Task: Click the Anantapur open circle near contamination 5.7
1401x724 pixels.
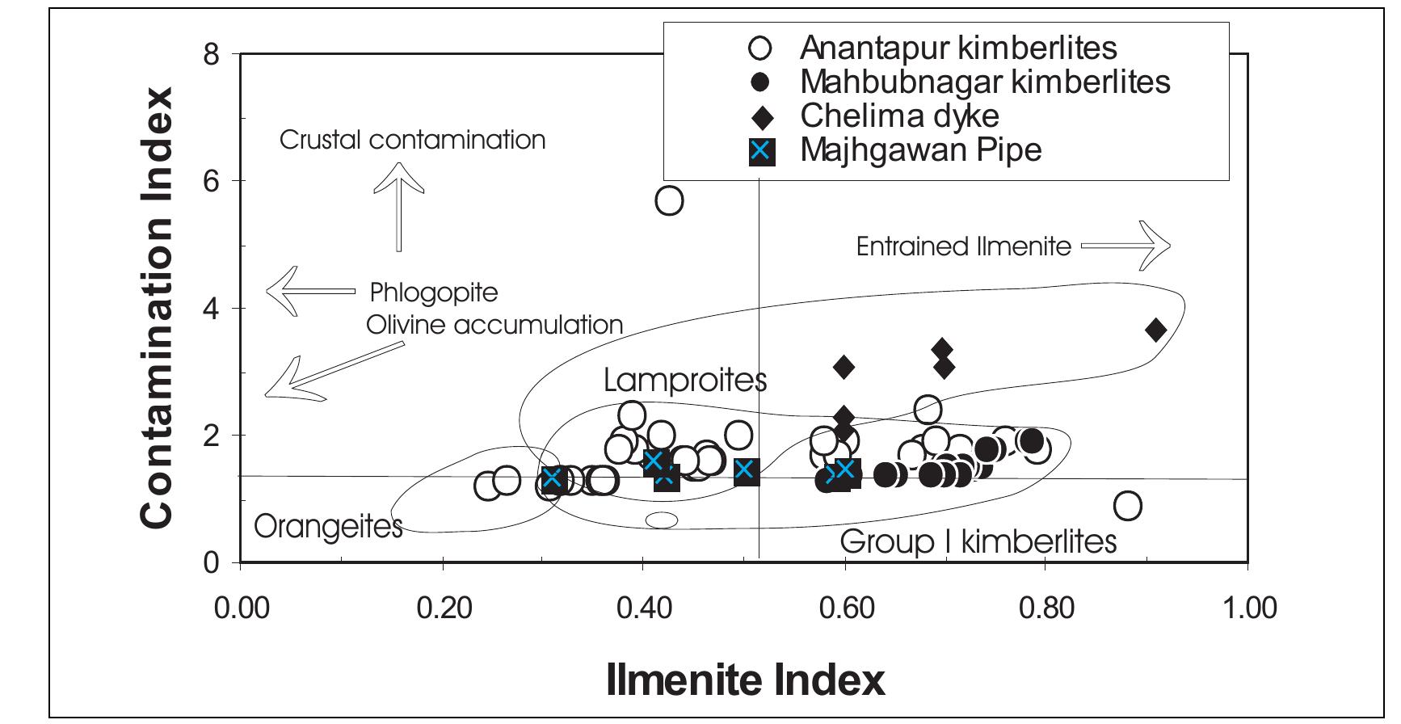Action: coord(669,200)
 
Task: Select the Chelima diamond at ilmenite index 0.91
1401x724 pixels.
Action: coord(1155,330)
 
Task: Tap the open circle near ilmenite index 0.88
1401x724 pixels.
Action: coord(1127,506)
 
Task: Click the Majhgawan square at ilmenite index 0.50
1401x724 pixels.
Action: coord(746,471)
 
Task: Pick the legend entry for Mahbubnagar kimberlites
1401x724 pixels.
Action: coord(985,82)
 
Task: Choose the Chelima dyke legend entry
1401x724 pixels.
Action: coord(899,116)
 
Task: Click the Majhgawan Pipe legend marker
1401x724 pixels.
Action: coord(761,151)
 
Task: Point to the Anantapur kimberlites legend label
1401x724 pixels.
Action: coord(958,48)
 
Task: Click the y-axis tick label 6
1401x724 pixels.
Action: coord(212,181)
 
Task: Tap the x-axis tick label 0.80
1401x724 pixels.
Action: coord(1045,607)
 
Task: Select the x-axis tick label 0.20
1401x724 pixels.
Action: coord(443,607)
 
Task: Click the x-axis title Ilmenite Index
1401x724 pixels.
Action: coord(745,680)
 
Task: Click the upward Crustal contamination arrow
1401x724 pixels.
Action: coord(398,206)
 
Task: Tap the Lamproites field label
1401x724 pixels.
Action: coord(684,380)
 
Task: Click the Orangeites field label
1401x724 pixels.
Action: coord(328,527)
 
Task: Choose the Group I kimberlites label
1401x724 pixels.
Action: coord(978,541)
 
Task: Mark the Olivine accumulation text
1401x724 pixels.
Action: coord(494,325)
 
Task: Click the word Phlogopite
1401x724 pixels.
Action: coord(434,292)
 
